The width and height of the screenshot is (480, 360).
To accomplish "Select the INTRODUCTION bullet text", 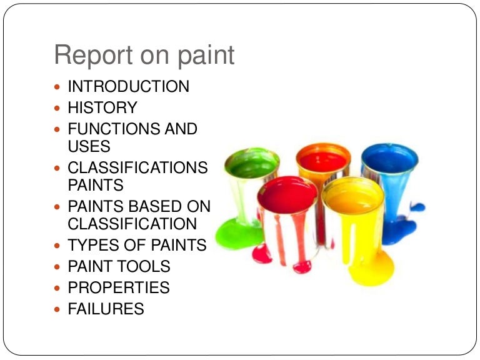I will click(x=128, y=86).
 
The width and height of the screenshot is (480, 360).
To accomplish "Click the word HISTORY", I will click(x=102, y=107).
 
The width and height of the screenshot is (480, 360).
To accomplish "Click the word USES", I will click(x=89, y=146).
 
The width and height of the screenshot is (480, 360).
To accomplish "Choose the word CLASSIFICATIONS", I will click(x=137, y=167).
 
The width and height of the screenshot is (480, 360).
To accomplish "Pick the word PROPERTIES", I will click(x=119, y=287).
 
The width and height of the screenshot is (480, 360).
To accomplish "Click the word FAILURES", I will click(x=106, y=309).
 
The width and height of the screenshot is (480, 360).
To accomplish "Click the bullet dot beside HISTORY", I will click(x=58, y=108).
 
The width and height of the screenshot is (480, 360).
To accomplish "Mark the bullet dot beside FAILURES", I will click(x=58, y=309).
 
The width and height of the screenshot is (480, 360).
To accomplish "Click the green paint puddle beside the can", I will click(x=234, y=234).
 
